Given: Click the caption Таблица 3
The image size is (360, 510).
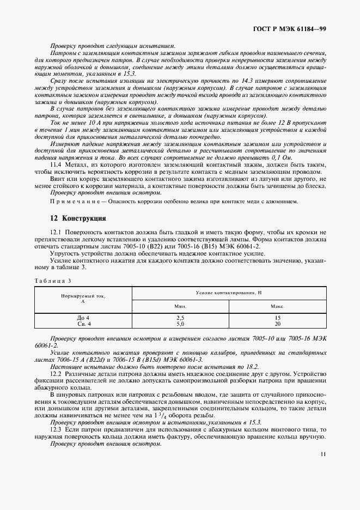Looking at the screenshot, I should point(53,281).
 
